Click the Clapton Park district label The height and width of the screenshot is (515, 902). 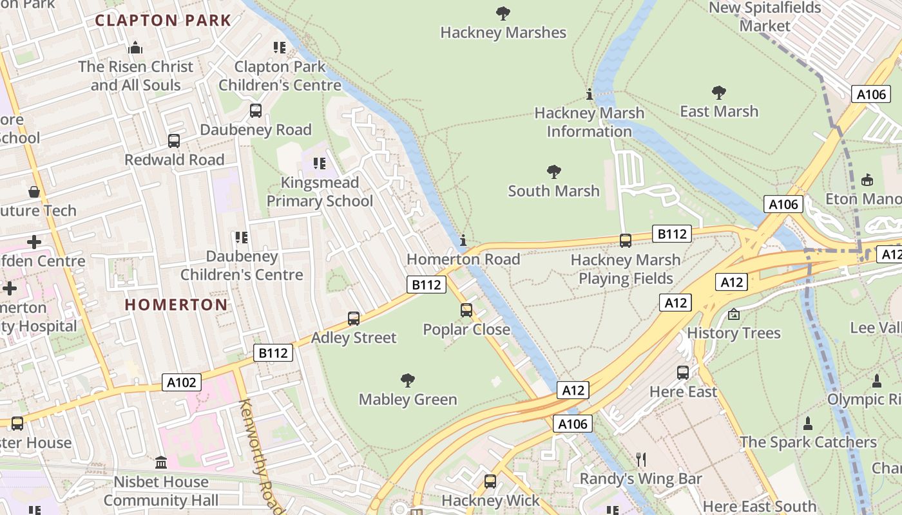[163, 20]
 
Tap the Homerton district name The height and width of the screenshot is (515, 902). [176, 304]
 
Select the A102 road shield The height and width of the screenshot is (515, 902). [182, 382]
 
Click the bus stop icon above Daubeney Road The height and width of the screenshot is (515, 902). [256, 110]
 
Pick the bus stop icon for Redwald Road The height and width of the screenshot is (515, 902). [174, 140]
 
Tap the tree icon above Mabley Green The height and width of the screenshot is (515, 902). [407, 380]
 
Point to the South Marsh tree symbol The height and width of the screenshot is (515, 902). [553, 171]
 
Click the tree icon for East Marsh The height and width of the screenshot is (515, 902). [719, 92]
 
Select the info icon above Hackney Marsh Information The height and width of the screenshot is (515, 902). [589, 95]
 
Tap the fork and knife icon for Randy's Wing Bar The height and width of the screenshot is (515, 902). [640, 459]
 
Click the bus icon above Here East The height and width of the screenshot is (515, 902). [683, 372]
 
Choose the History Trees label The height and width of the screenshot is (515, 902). [733, 333]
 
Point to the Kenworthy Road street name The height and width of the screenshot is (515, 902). [262, 456]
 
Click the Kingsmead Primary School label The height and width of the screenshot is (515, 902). [320, 192]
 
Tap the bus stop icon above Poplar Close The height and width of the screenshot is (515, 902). [466, 310]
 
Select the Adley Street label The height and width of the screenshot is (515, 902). [354, 337]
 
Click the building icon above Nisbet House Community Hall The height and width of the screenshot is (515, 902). [161, 462]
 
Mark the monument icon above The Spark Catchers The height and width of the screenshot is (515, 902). [808, 423]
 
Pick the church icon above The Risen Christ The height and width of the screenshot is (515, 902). [135, 47]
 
